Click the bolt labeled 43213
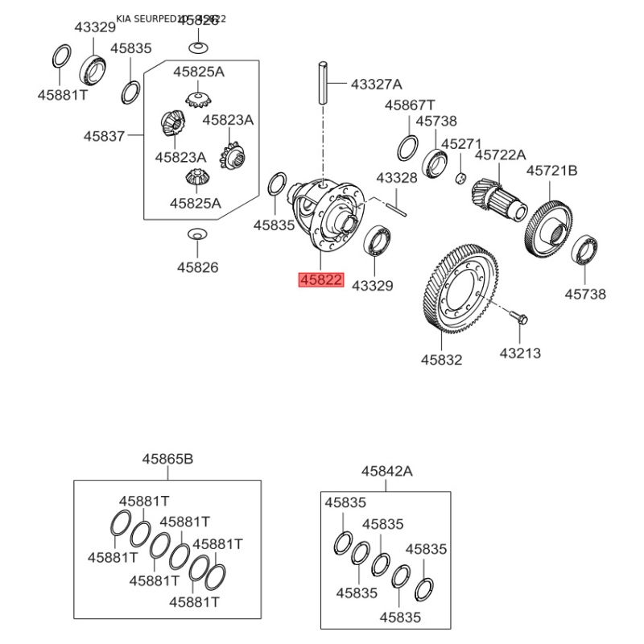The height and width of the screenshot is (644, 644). (x=520, y=316)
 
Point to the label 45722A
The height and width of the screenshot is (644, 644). (x=500, y=155)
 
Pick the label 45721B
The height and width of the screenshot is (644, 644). (x=552, y=171)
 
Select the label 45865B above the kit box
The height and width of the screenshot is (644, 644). (x=168, y=459)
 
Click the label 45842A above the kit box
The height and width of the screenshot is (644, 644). (x=386, y=471)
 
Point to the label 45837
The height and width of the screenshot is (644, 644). (x=104, y=136)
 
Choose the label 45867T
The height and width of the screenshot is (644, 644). (x=409, y=105)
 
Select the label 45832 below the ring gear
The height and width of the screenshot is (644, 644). (x=441, y=360)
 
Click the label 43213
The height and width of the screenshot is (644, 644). (x=520, y=352)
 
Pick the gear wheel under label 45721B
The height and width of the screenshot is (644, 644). (x=549, y=226)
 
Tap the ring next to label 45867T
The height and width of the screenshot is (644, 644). (x=407, y=148)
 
